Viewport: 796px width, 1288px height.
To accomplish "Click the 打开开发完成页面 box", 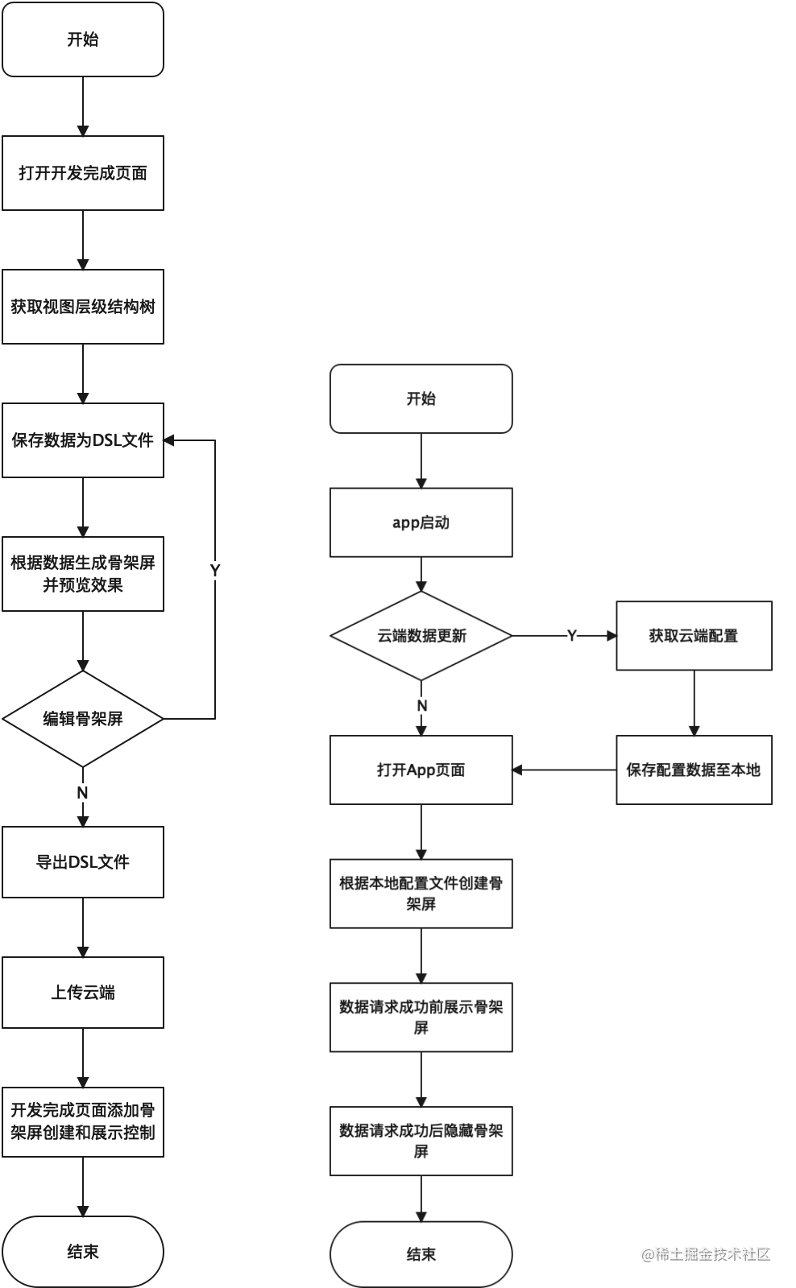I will (83, 173).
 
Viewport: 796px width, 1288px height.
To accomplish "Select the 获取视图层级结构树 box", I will (83, 307).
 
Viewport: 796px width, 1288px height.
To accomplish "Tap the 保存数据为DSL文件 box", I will (83, 440).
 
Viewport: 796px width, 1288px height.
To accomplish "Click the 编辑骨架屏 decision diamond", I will (83, 719).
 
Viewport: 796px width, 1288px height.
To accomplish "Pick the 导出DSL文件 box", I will (83, 862).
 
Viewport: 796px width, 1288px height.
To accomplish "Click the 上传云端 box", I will (83, 993).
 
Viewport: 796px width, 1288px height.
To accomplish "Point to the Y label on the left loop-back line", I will (215, 570).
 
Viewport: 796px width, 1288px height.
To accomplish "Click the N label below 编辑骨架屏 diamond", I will (82, 793).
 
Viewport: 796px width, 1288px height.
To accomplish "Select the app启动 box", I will (421, 522).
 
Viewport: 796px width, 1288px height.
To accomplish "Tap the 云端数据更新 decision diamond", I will (421, 636).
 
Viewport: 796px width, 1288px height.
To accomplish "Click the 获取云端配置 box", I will (694, 636).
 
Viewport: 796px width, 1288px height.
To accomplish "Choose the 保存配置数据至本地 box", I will (694, 770).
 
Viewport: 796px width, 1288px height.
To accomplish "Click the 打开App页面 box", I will (421, 770).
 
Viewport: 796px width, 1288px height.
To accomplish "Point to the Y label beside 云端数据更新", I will (572, 636).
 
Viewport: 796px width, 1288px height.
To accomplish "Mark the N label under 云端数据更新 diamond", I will (421, 706).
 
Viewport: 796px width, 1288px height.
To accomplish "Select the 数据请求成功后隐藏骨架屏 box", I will (421, 1141).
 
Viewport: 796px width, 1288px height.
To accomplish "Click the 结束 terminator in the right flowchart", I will (421, 1254).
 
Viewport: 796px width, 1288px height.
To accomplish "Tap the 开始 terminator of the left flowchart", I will (83, 39).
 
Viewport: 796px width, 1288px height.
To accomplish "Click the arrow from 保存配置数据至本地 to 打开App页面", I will (564, 770).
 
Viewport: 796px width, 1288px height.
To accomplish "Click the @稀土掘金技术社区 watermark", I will (706, 1254).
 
